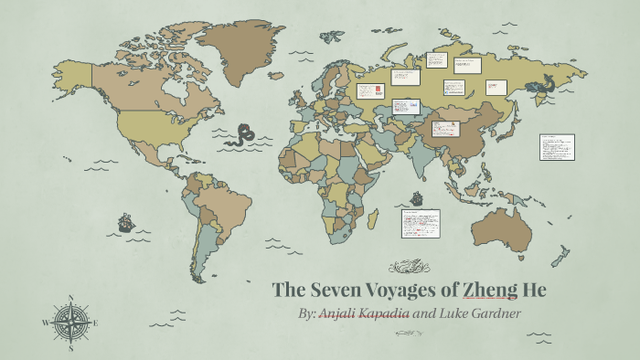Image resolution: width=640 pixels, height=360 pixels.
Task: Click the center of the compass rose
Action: (x=70, y=322)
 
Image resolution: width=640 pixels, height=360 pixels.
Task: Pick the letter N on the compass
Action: (x=70, y=298)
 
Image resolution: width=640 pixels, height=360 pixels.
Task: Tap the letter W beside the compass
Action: (x=46, y=323)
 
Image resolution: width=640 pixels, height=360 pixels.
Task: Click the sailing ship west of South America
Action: (x=125, y=222)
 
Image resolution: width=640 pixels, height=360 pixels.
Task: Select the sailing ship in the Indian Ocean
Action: (x=417, y=197)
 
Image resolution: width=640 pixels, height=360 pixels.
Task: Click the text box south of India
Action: (x=420, y=224)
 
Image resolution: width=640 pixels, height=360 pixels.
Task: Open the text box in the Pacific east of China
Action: (x=557, y=147)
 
